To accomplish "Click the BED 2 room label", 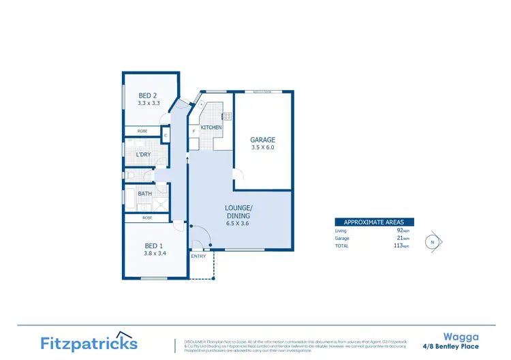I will [x=149, y=95].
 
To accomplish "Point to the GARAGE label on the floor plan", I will [x=263, y=140].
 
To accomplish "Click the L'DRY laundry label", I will [x=143, y=155].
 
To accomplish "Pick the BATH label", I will [x=145, y=194].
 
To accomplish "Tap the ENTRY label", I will [x=198, y=256].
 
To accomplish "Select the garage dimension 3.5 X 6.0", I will [x=263, y=147].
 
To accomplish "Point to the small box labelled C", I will [x=166, y=135].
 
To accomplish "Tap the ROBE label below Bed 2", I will [x=142, y=131].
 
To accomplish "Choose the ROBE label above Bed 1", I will [x=147, y=217].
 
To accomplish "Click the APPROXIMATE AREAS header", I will [x=373, y=222].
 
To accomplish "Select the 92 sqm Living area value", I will [x=399, y=230].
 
